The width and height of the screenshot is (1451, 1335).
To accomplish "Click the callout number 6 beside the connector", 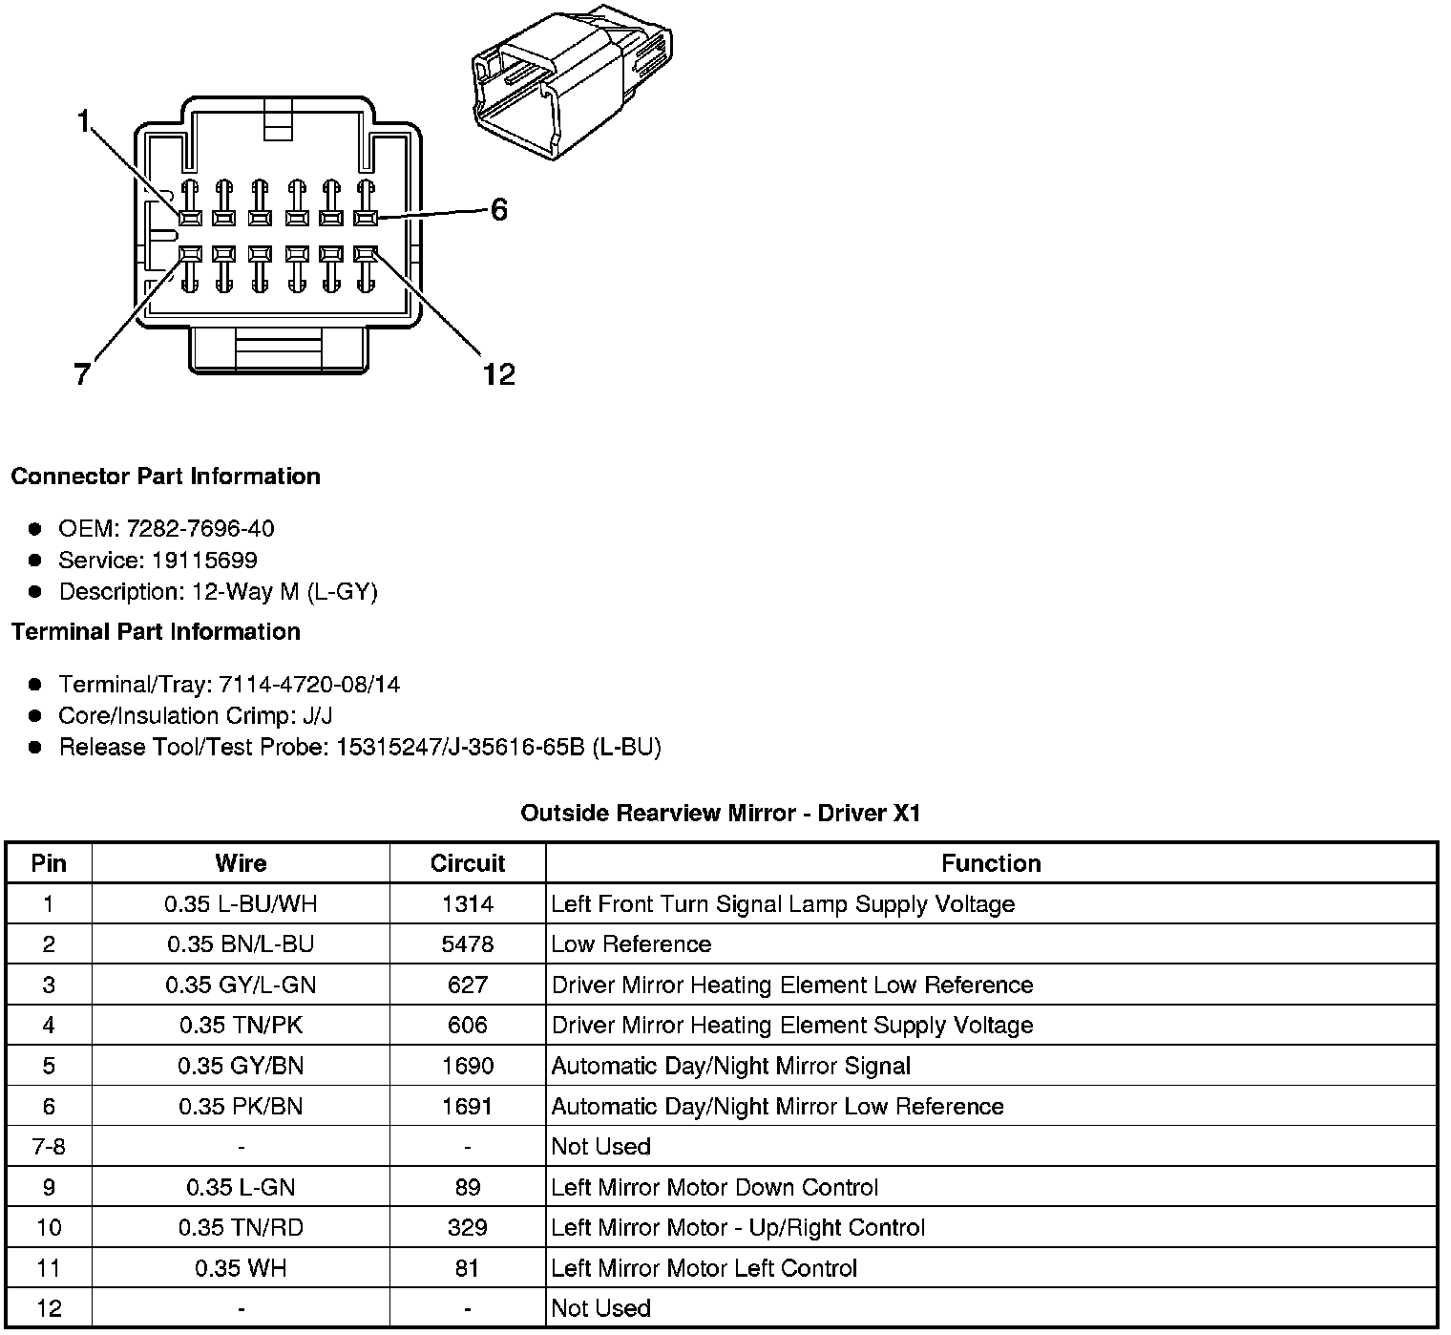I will click(x=498, y=210).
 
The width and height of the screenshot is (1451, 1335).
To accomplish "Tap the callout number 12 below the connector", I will click(x=498, y=373).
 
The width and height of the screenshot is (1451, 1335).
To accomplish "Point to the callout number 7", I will click(x=83, y=373).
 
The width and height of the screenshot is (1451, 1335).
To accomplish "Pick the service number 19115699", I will click(x=204, y=560).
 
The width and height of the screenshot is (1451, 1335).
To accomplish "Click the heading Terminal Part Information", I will click(x=156, y=631).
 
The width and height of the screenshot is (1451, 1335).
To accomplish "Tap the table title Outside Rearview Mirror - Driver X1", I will click(x=721, y=813).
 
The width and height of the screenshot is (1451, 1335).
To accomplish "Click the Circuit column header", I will click(x=467, y=863).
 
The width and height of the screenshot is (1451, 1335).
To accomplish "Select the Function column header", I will click(x=991, y=863).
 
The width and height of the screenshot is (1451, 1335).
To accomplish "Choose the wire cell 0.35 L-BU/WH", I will click(x=241, y=903).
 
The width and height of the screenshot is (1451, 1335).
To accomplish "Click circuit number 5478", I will click(x=467, y=944).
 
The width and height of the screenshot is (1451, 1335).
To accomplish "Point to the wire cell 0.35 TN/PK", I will click(x=241, y=1025).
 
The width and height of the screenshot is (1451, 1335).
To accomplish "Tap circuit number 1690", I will click(x=467, y=1066).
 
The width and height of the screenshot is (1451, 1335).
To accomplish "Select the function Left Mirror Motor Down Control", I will click(x=714, y=1187).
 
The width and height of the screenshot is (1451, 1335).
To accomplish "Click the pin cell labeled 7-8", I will click(x=49, y=1146).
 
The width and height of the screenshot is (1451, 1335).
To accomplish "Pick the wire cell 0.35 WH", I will click(x=241, y=1268).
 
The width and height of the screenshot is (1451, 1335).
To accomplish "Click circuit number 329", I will click(x=467, y=1227).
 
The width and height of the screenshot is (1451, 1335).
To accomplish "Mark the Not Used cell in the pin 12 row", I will click(x=600, y=1308).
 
